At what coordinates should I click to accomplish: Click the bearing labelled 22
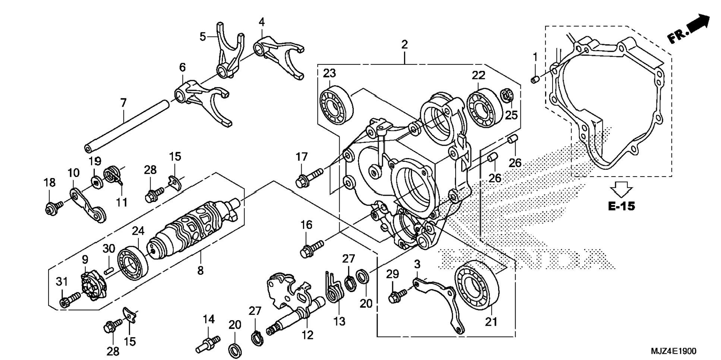click(x=484, y=107)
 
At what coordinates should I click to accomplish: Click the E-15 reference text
click(x=621, y=206)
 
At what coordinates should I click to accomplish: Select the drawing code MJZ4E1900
click(x=673, y=351)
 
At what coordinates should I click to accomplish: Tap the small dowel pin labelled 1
click(x=534, y=79)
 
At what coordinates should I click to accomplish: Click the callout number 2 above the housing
click(x=404, y=45)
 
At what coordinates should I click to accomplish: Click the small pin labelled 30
click(x=108, y=271)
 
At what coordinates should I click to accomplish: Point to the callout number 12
click(x=308, y=335)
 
